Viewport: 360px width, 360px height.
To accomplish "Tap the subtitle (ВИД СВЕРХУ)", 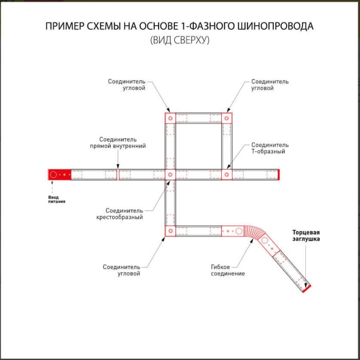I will pos(180,40).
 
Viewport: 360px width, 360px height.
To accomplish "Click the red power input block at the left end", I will pos(59,175).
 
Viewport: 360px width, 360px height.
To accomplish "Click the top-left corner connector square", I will pos(170,118).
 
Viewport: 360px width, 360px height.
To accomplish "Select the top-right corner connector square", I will pos(227,118).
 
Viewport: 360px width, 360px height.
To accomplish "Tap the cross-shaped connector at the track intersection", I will pos(170,175).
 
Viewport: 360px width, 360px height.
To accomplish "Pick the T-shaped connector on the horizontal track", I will pos(227,175).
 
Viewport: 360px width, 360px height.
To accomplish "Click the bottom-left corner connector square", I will pos(170,231).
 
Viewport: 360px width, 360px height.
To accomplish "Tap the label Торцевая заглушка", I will pos(307,236).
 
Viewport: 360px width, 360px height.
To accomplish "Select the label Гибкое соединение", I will pos(227,270).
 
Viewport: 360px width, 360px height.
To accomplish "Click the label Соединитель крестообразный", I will pos(119,214).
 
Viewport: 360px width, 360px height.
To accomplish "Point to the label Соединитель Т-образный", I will pos(269,148).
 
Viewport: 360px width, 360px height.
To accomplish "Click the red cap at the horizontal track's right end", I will pos(278,175).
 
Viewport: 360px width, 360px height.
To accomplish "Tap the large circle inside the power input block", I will pos(53,175).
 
